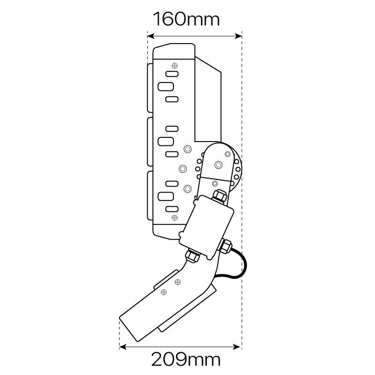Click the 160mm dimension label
(187, 20)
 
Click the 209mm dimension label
(186, 360)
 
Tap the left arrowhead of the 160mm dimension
(150, 35)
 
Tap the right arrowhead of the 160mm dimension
(239, 35)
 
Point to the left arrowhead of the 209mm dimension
(122, 347)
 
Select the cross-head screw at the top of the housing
(174, 65)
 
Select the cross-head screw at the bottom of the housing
(174, 217)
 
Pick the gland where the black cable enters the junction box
(228, 245)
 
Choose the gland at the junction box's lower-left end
(192, 256)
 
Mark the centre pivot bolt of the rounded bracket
(218, 164)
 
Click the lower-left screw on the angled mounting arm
(163, 292)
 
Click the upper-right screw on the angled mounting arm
(178, 282)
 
